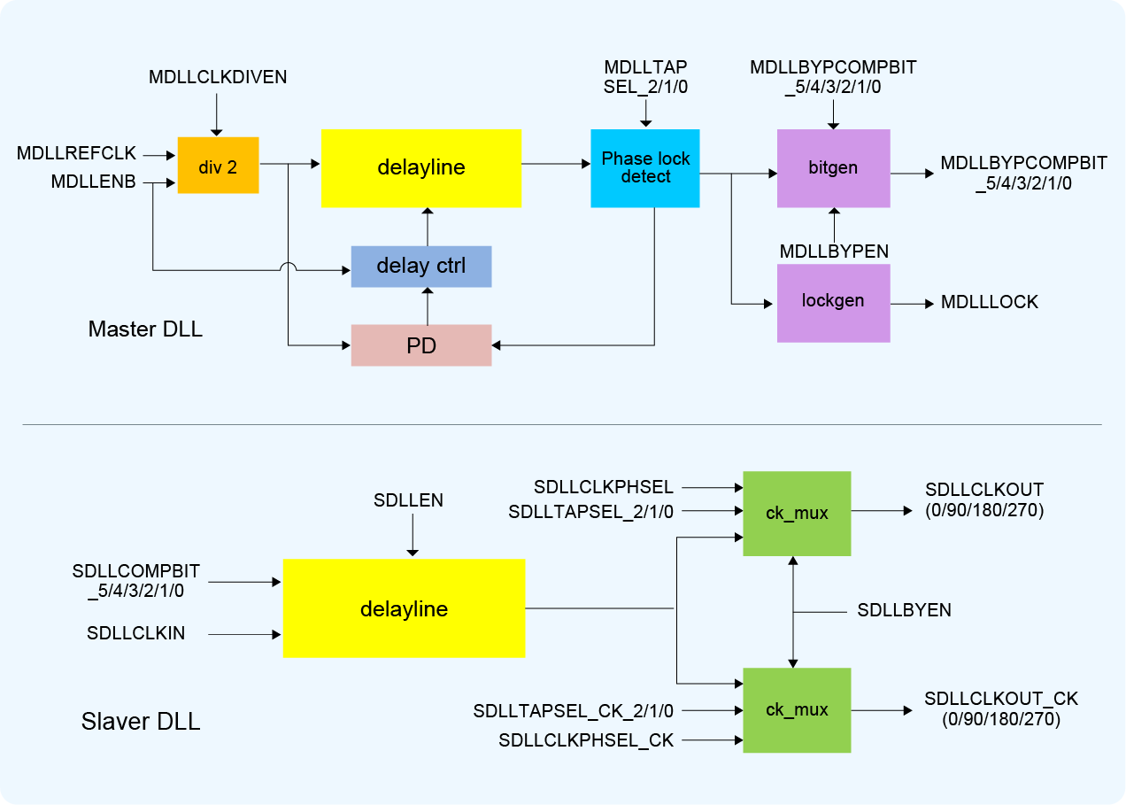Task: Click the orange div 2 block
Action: (x=218, y=166)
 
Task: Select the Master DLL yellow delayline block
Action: (x=421, y=168)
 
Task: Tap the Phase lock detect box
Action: (x=645, y=168)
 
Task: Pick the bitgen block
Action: (x=833, y=168)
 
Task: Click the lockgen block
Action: (x=833, y=302)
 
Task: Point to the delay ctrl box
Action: (x=421, y=267)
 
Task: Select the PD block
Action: (x=421, y=345)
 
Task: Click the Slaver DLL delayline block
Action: (x=404, y=608)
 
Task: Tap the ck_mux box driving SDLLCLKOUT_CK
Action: (x=797, y=710)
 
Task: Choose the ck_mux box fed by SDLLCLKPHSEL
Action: (x=797, y=514)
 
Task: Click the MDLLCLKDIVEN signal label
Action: (x=218, y=77)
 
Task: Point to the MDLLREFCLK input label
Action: (x=77, y=154)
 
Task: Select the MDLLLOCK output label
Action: (x=989, y=303)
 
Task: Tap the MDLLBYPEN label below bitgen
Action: (x=834, y=252)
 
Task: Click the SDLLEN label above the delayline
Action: (x=408, y=501)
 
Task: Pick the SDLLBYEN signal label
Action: (x=904, y=611)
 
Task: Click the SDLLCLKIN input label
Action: (x=136, y=633)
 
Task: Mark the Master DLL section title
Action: (x=145, y=330)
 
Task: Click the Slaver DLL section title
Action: (x=141, y=722)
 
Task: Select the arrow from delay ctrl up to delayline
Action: (x=428, y=228)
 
